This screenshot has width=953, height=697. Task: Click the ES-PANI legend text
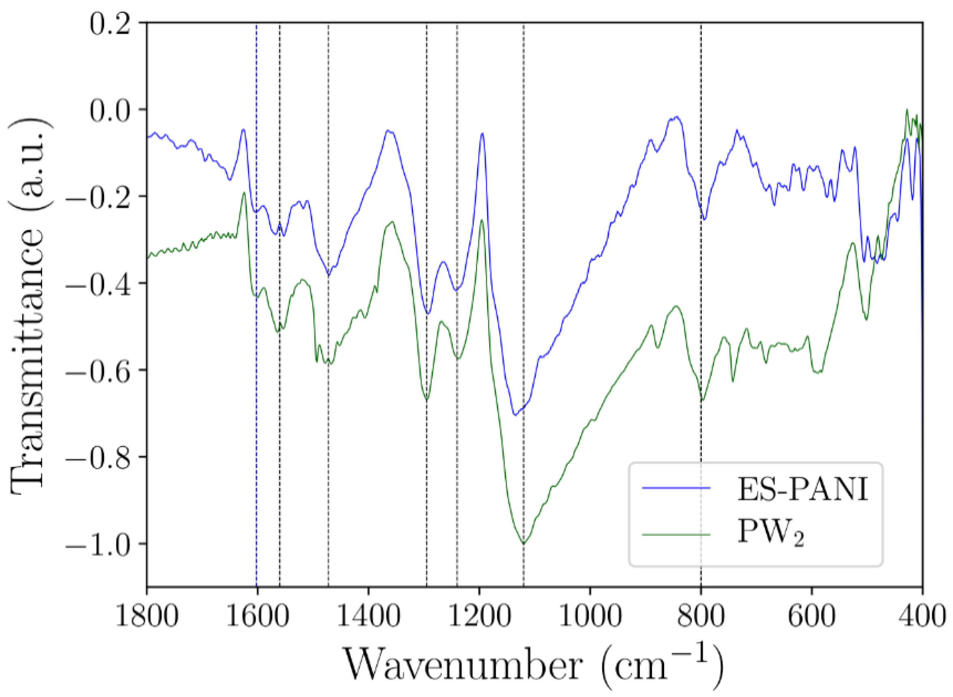tap(802, 489)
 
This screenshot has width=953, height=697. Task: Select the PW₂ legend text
tap(770, 534)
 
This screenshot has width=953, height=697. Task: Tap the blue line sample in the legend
tap(676, 488)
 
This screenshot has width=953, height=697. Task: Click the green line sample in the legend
tap(676, 535)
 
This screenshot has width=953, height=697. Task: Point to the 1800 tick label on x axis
tap(146, 616)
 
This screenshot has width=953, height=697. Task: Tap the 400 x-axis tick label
tap(922, 616)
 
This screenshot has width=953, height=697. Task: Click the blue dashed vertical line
tap(257, 380)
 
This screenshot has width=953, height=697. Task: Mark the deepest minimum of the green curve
tap(523, 543)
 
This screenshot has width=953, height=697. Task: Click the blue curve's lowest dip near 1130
tap(514, 415)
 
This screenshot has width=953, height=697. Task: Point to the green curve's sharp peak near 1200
tap(482, 220)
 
